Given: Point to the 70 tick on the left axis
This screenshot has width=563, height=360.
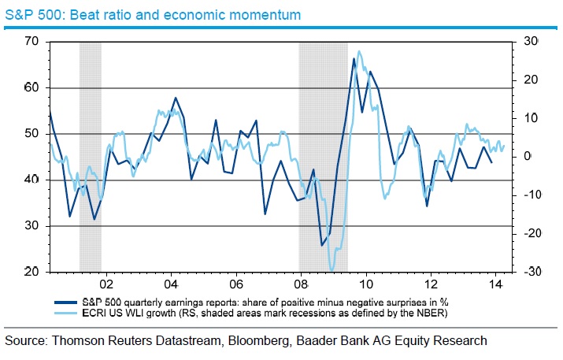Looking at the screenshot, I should coord(31,41).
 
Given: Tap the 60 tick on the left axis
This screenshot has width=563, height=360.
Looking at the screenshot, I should coord(31,87).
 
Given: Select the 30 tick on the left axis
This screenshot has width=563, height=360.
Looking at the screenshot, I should coord(31,227).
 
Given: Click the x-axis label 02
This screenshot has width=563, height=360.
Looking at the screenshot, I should coord(106,284).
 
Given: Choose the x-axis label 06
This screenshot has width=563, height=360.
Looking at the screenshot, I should coord(235,284).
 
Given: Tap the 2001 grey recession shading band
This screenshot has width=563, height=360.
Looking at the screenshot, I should coord(91,158).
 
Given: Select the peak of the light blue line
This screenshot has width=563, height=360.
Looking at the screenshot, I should coord(360,52).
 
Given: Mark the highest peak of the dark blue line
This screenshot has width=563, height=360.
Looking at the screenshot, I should coord(353,59).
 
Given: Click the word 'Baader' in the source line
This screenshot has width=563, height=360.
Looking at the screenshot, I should coord(342,341).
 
